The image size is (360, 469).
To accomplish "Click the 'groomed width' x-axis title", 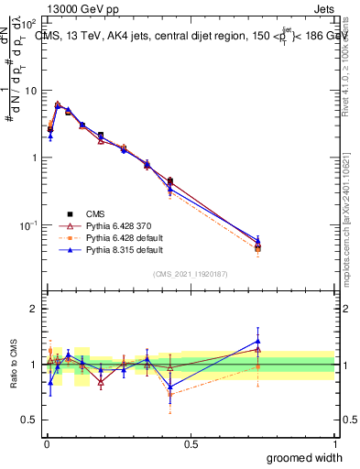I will [x=305, y=457].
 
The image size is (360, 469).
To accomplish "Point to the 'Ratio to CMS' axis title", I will [x=12, y=365].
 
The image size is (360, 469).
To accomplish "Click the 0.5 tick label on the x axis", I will [x=191, y=444].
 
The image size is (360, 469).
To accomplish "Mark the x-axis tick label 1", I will [x=334, y=444].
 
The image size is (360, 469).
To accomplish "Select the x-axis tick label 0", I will [x=47, y=444].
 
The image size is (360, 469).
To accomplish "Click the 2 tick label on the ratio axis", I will [x=34, y=309].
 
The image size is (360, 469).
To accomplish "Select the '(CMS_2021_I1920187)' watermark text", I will [x=190, y=273].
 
